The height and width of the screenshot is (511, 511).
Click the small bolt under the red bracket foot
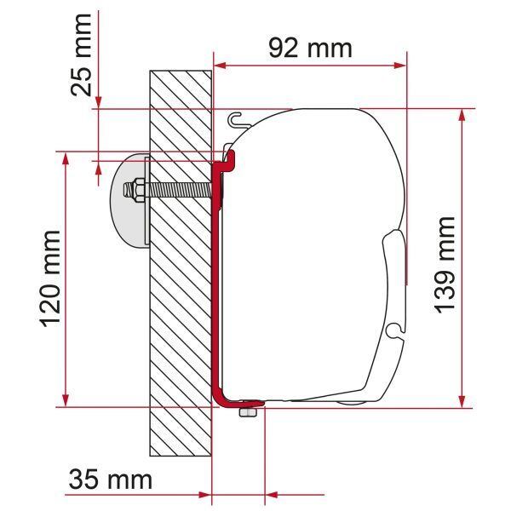click(x=248, y=412)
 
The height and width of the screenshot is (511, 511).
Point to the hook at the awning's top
click(x=236, y=118)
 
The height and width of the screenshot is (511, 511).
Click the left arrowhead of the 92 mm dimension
click(x=219, y=64)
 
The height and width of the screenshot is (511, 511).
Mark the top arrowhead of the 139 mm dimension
click(x=463, y=115)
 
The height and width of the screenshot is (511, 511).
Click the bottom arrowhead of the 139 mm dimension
click(x=463, y=401)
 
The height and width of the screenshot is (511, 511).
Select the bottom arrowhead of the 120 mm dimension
click(x=65, y=401)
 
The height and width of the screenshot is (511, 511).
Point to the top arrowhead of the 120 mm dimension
click(x=65, y=158)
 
